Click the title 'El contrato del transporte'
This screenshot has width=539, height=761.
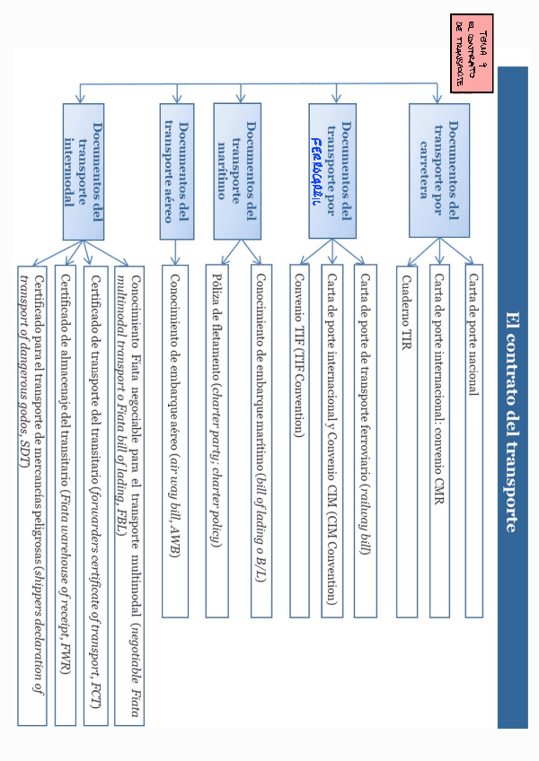point(512,422)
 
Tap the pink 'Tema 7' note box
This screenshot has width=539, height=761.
point(473,54)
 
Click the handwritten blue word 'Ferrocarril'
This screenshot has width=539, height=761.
point(317,171)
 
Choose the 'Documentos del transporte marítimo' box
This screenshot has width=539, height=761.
point(237,171)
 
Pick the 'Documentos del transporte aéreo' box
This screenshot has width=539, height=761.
point(177,171)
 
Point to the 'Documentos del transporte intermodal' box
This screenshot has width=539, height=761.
point(84,171)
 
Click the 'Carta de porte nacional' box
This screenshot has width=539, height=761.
point(473,440)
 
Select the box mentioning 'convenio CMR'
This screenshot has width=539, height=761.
point(439,440)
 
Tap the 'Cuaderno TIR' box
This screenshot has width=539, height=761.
point(407,440)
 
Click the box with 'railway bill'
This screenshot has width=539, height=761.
point(365,440)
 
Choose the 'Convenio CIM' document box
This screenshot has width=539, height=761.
point(332,440)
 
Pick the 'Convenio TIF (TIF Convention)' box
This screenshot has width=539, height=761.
point(300,440)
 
